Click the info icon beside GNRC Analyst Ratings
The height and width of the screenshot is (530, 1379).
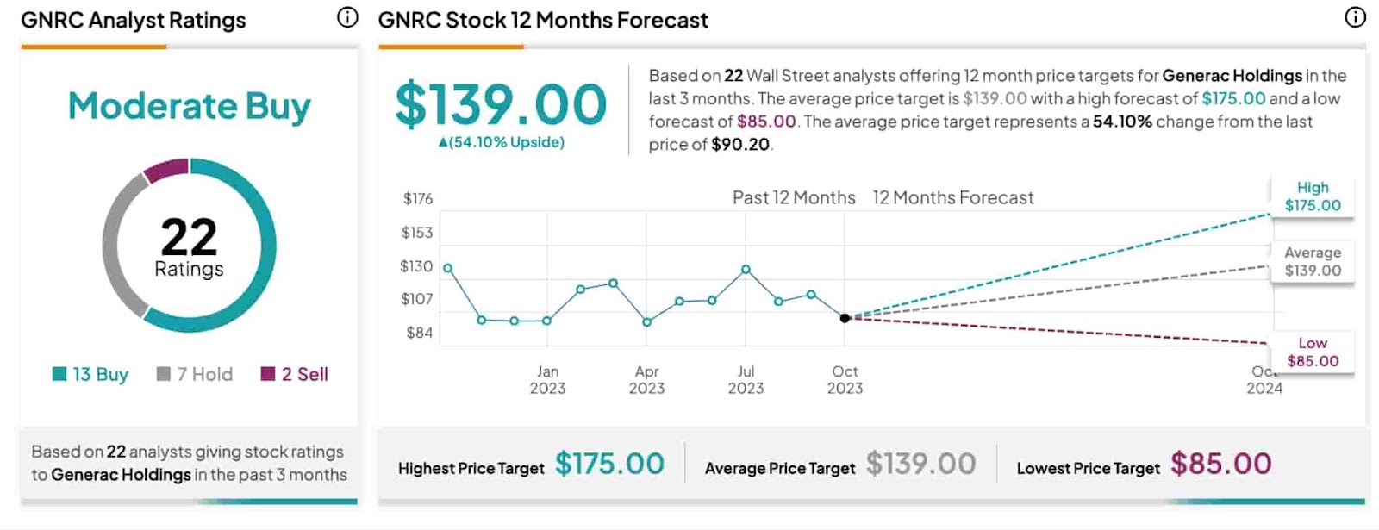pos(347,17)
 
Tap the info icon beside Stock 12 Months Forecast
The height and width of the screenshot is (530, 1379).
pos(1355,17)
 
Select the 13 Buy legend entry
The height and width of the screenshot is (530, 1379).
pos(90,374)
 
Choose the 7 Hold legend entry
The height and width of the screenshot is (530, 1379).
pos(195,374)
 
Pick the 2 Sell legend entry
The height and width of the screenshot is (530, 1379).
pos(295,374)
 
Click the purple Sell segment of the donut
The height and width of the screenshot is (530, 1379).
pos(165,171)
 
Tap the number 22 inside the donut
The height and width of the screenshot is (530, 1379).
pos(189,237)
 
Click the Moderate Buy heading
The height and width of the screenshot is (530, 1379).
pos(189,106)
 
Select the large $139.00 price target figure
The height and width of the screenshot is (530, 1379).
pos(501,104)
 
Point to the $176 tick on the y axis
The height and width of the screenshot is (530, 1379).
pos(418,199)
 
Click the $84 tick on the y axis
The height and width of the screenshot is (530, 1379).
pos(419,333)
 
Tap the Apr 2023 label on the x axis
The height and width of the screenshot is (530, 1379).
pos(646,379)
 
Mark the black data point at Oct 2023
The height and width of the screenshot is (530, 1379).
pos(845,318)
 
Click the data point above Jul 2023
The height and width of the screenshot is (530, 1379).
pos(746,270)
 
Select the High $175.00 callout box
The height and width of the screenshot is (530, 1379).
pos(1312,196)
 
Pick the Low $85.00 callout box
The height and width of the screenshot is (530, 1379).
pos(1312,352)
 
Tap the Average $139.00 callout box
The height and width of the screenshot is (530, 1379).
pos(1312,261)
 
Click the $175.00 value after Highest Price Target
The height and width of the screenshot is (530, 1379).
pos(609,465)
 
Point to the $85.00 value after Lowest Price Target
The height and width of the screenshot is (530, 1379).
pos(1220,465)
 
